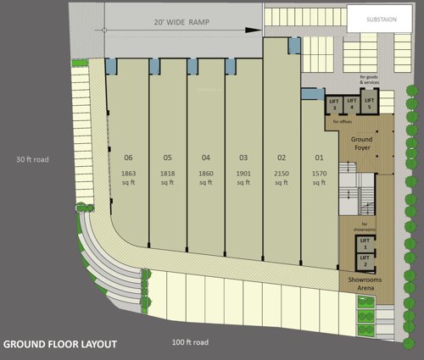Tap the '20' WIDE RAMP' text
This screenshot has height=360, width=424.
pyautogui.click(x=178, y=23)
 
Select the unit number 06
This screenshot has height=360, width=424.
pyautogui.click(x=129, y=157)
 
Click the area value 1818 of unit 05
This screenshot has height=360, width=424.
pyautogui.click(x=167, y=173)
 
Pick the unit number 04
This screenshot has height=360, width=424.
pyautogui.click(x=205, y=157)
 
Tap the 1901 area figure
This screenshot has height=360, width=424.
pyautogui.click(x=243, y=173)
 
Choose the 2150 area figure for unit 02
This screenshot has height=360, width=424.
pyautogui.click(x=282, y=173)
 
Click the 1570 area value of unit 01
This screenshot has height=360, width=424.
pyautogui.click(x=320, y=173)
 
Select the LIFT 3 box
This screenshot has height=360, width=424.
pyautogui.click(x=334, y=104)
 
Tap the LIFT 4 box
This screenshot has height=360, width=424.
pyautogui.click(x=350, y=104)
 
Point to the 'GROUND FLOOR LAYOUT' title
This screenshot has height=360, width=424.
pyautogui.click(x=59, y=345)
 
